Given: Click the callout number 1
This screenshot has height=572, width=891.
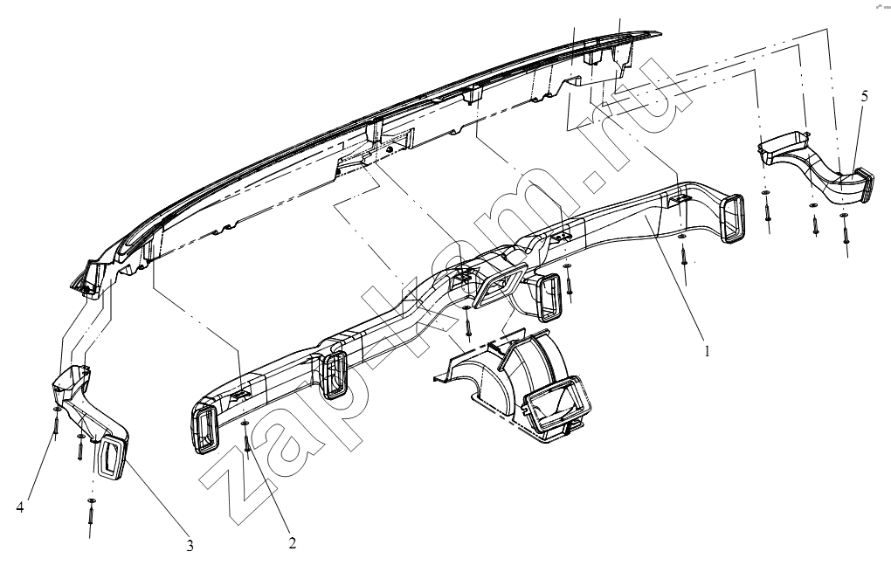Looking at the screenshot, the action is pyautogui.click(x=707, y=351).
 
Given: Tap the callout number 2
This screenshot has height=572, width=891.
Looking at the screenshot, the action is pyautogui.click(x=292, y=543).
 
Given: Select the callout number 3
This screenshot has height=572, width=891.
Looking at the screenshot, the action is pyautogui.click(x=190, y=547).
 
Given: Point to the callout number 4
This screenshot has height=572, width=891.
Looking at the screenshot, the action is pyautogui.click(x=20, y=507).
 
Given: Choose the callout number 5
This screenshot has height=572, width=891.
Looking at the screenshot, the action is pyautogui.click(x=864, y=96).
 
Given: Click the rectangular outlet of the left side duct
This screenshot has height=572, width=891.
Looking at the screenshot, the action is pyautogui.click(x=113, y=458).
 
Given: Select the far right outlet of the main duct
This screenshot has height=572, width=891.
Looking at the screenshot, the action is pyautogui.click(x=733, y=218).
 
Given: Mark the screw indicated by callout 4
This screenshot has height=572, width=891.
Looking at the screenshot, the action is pyautogui.click(x=56, y=423).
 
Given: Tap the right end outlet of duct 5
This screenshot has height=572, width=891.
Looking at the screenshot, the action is pyautogui.click(x=864, y=184).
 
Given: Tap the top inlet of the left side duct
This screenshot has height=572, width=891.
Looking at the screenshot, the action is pyautogui.click(x=73, y=376).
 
